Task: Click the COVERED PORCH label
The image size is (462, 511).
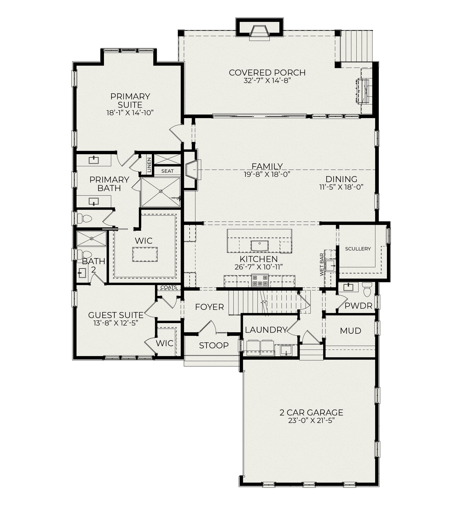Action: (x=267, y=72)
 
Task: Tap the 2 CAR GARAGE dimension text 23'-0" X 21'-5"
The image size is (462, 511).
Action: (x=311, y=421)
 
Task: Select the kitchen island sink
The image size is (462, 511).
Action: (x=259, y=246)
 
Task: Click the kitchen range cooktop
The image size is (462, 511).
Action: (x=260, y=280)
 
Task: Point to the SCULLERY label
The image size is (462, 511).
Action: (x=358, y=249)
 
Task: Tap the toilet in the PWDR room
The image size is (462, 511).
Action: (x=367, y=290)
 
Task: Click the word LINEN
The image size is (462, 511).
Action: (x=149, y=165)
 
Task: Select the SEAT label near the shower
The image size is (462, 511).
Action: (x=167, y=171)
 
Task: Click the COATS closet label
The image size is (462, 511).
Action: (x=169, y=287)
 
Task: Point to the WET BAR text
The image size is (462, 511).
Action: (x=322, y=265)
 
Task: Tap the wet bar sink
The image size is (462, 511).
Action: (x=330, y=266)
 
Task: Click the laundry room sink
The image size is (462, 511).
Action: (x=286, y=350)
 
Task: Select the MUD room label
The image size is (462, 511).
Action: (x=351, y=331)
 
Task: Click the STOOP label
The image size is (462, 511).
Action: (x=214, y=345)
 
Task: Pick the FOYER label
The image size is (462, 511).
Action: (x=209, y=307)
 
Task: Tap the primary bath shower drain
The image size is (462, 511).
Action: (x=161, y=191)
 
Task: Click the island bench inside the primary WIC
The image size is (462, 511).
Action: (x=145, y=254)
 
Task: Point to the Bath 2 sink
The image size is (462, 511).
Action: (x=82, y=273)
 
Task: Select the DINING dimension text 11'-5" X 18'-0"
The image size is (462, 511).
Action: (x=341, y=187)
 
